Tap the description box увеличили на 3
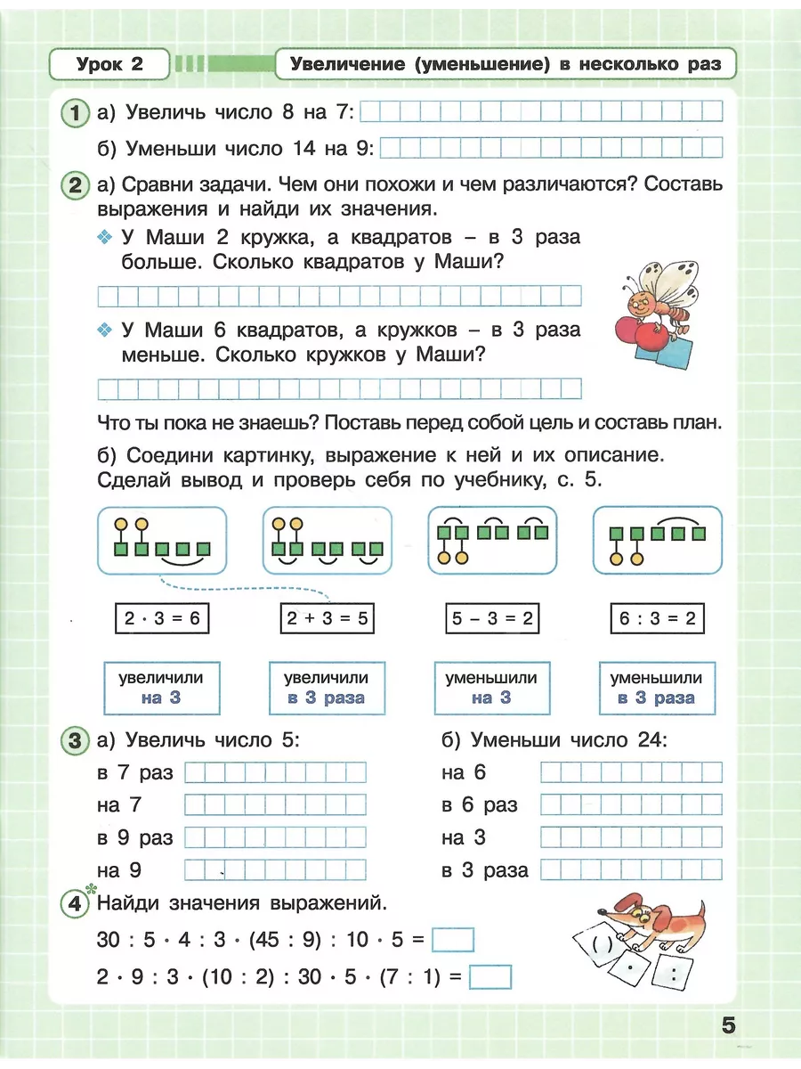[x=161, y=688]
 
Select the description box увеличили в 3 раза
[x=326, y=688]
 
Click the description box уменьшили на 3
[x=491, y=688]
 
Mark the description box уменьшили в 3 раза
[x=656, y=688]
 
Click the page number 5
[x=728, y=1025]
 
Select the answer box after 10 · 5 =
[x=452, y=941]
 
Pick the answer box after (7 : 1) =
[x=490, y=977]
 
